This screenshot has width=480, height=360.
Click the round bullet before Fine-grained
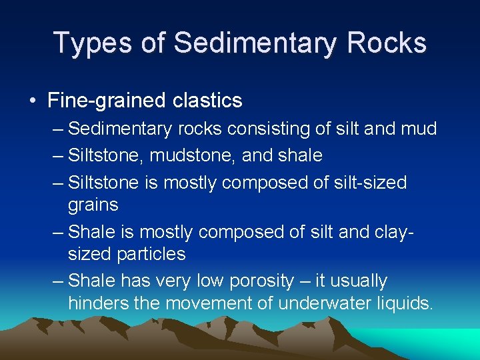33,101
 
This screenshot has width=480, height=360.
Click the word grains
93,204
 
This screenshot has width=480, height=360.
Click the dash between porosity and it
303,281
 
